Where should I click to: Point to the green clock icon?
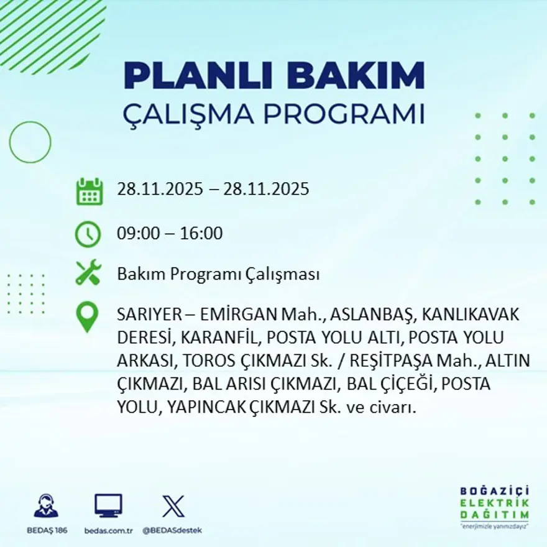pyautogui.click(x=88, y=234)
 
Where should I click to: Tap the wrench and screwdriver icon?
pyautogui.click(x=88, y=273)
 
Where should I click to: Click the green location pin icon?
pyautogui.click(x=87, y=316)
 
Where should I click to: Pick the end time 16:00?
pyautogui.click(x=201, y=234)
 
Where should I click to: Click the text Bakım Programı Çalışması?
pyautogui.click(x=218, y=274)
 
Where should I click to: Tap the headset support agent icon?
pyautogui.click(x=46, y=506)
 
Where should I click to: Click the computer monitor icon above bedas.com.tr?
pyautogui.click(x=108, y=505)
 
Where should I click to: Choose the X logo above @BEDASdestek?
pyautogui.click(x=172, y=506)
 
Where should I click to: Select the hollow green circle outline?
pyautogui.click(x=30, y=142)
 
